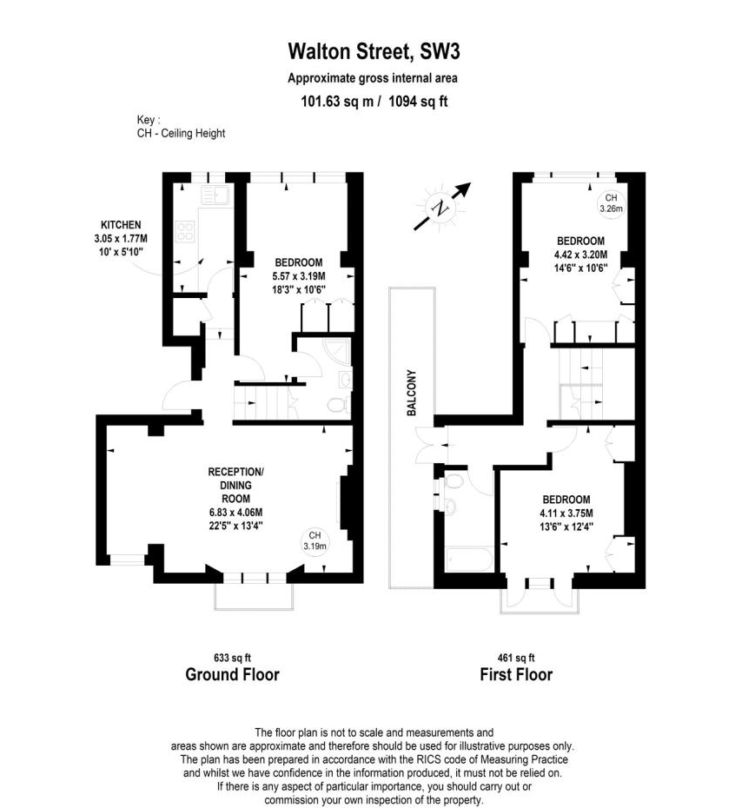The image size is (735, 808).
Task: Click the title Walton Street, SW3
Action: (x=374, y=52)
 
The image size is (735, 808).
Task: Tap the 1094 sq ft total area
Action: (x=418, y=101)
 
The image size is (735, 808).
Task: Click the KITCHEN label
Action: (x=121, y=225)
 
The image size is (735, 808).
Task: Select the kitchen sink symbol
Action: (x=215, y=195)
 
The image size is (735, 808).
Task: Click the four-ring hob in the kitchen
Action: (x=185, y=231)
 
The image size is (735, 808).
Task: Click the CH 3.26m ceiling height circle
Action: (x=612, y=203)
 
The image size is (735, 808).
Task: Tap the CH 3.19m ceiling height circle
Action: (x=315, y=541)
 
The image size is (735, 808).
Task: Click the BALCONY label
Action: (x=412, y=394)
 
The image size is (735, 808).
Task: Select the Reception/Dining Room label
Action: (x=236, y=486)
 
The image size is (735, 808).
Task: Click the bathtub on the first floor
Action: (x=469, y=560)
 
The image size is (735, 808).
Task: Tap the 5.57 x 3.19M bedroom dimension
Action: (x=299, y=276)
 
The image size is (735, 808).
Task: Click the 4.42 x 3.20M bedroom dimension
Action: (x=581, y=255)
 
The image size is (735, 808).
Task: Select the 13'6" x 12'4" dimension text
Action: (x=566, y=527)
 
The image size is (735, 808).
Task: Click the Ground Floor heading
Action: (x=233, y=674)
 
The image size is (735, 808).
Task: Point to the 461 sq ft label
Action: (x=516, y=658)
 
